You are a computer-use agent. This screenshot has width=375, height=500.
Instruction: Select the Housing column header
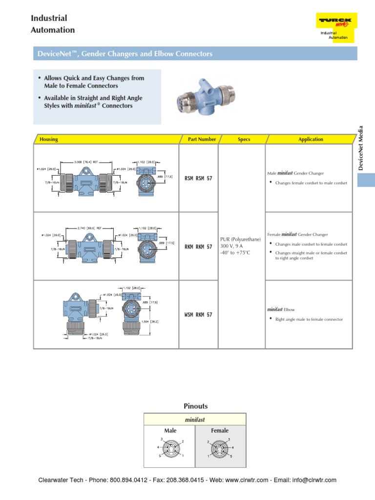[49, 139]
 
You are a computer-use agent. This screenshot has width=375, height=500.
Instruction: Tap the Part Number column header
[202, 139]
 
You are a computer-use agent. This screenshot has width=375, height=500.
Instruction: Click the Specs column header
[244, 139]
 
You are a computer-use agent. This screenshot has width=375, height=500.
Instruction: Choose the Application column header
[311, 139]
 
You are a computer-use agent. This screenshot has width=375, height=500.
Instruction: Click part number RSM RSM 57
[198, 179]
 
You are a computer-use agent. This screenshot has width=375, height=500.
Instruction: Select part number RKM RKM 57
[198, 247]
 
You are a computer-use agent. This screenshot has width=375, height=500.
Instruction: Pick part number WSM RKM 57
[198, 315]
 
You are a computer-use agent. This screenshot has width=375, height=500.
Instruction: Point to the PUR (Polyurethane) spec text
[241, 239]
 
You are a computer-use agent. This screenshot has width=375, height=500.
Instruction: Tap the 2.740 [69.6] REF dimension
[89, 228]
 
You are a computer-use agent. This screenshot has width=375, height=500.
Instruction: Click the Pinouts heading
[195, 406]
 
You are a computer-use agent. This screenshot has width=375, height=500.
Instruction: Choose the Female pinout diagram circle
[220, 448]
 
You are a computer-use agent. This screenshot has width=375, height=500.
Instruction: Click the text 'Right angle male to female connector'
[309, 319]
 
